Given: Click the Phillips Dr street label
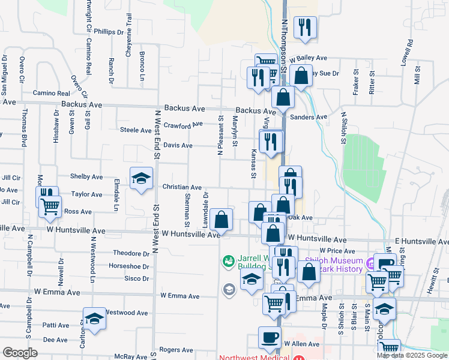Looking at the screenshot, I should [x=109, y=32].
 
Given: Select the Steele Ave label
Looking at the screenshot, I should [x=136, y=130].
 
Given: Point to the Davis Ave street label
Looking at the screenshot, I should [x=178, y=145].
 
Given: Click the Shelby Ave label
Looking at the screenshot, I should [x=86, y=176].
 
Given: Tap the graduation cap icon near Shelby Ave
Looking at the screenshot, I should [x=141, y=178].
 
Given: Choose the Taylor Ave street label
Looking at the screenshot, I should [x=87, y=194].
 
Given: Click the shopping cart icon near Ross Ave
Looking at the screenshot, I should [x=50, y=206].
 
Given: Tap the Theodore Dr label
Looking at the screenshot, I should [x=131, y=253].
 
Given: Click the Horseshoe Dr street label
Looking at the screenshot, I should [x=129, y=266].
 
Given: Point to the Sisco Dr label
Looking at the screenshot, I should [x=137, y=278].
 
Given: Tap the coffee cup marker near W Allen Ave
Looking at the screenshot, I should [x=270, y=337].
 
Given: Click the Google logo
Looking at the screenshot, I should [x=20, y=353].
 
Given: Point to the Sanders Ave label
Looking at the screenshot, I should [x=313, y=117].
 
